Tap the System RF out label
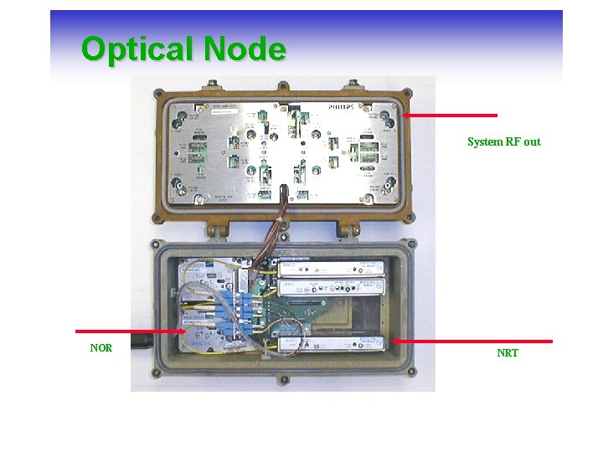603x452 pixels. [x=503, y=142]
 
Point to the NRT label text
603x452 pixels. [x=508, y=353]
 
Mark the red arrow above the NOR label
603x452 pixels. [x=130, y=331]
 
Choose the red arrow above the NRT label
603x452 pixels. [x=472, y=341]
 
